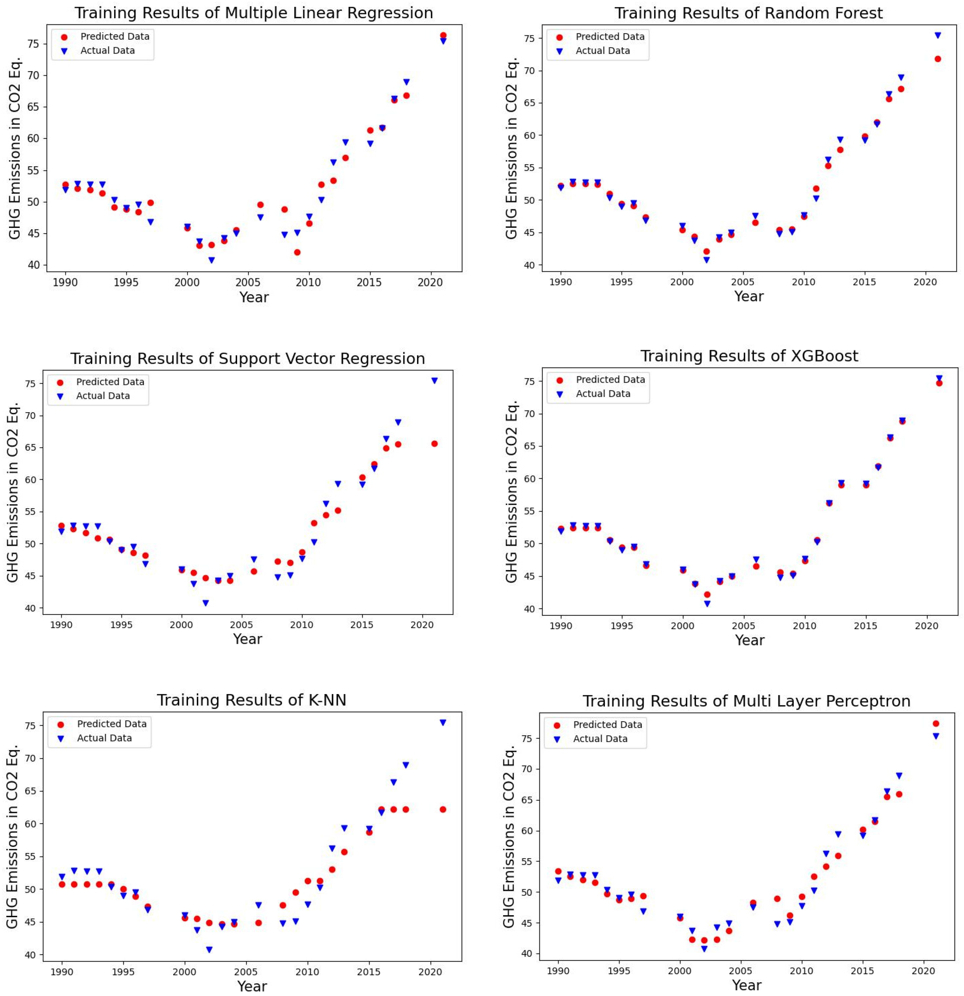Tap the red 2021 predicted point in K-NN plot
click(x=443, y=809)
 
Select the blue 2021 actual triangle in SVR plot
click(x=434, y=380)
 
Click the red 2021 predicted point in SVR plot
click(x=434, y=444)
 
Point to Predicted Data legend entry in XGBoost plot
click(x=609, y=380)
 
